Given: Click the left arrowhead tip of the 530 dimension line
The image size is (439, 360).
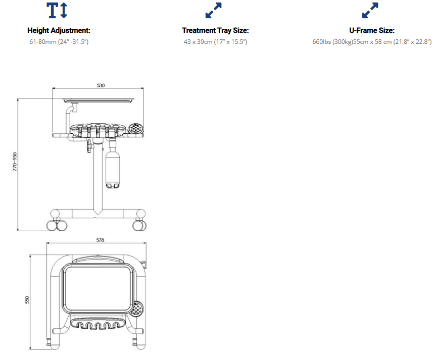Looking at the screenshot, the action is tap(53, 88).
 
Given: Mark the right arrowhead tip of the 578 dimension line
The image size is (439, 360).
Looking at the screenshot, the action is tap(146, 243).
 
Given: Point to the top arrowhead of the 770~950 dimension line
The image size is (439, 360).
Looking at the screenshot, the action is tap(18, 99).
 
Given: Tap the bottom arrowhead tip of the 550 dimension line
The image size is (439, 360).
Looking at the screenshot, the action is tap(30, 349).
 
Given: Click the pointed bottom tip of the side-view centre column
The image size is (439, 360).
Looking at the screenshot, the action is tap(97, 215).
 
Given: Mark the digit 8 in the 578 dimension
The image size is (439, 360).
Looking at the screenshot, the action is tap(103, 240).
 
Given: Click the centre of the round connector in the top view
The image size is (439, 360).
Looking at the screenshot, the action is tap(137, 309).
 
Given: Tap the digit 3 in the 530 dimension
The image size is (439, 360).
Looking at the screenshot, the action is tap(101, 85).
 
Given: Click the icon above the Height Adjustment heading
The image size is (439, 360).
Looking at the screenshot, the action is tap(57, 10).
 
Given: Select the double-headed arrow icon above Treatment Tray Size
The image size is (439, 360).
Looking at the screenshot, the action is tap(213, 10).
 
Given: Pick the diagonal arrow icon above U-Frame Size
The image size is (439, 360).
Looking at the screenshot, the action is tap(370, 10).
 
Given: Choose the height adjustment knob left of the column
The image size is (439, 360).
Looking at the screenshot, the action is tap(89, 146).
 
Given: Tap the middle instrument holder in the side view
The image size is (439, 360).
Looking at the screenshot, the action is tap(97, 130).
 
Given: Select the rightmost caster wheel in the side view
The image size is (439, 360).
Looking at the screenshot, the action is tap(139, 225).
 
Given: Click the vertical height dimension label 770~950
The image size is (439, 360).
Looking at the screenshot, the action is tap(15, 162).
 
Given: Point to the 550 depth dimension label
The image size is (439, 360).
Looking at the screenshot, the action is tap(27, 300).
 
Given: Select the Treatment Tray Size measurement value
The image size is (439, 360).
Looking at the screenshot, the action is tap(215, 42).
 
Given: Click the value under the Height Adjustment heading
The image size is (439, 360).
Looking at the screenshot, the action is tap(59, 42).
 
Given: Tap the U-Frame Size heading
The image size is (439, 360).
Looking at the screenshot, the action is tap(372, 30).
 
